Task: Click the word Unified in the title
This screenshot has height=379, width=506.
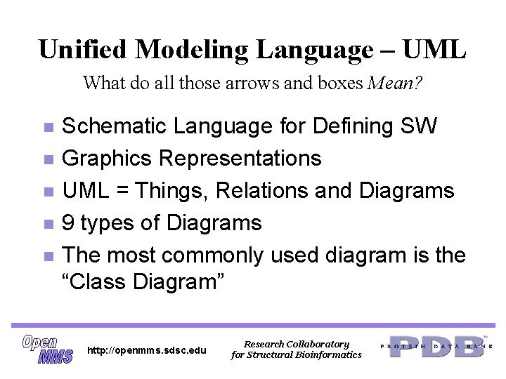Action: coord(83,50)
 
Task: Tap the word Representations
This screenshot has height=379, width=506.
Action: coord(240,159)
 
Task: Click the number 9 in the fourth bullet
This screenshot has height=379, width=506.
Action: coord(69,223)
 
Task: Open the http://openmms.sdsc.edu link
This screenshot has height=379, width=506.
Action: coord(146,350)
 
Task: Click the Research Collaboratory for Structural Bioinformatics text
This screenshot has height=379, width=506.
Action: coord(296,350)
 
